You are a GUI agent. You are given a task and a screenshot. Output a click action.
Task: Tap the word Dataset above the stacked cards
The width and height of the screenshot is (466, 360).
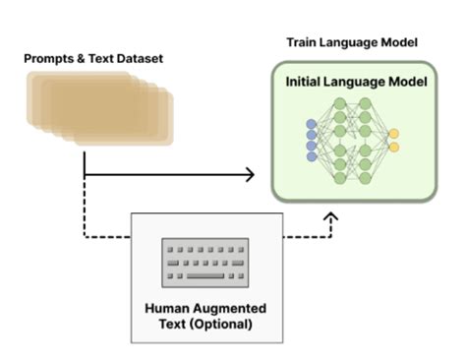click(139, 59)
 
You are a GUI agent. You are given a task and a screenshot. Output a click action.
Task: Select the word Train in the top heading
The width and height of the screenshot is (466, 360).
click(302, 42)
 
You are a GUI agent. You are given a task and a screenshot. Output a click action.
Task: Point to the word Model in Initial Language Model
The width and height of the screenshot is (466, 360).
click(406, 82)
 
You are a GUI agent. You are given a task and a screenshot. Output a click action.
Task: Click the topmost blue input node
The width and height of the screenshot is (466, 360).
click(313, 124)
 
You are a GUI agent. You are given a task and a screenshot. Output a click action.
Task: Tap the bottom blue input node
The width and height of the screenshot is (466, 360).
click(313, 157)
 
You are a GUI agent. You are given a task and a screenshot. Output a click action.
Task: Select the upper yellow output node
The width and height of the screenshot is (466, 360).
click(393, 133)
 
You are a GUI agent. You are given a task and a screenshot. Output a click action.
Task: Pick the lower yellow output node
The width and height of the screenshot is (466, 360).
click(393, 148)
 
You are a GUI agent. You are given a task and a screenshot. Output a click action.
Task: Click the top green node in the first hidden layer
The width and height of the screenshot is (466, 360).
click(340, 102)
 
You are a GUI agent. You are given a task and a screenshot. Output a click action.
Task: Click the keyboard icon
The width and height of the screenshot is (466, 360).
click(204, 263)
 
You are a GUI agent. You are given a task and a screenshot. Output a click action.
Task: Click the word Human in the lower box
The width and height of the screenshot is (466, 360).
click(165, 308)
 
